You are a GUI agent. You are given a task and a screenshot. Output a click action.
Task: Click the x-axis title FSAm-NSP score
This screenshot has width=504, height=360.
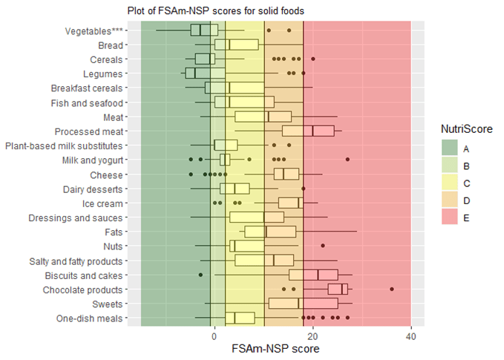click(x=275, y=348)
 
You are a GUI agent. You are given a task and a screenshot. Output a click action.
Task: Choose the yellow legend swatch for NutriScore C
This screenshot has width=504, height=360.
click(x=451, y=182)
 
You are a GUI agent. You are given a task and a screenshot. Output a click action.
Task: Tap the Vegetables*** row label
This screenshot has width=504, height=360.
click(x=94, y=30)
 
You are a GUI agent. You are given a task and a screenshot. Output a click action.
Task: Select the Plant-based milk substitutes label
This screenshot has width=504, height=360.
click(x=64, y=145)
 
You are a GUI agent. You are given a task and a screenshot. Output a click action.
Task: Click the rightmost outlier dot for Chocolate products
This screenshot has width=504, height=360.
click(x=392, y=288)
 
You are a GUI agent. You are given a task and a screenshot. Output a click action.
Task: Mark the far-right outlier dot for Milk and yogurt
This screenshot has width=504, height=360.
click(x=347, y=160)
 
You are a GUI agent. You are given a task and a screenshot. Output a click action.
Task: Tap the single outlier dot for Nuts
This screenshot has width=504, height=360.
click(x=322, y=246)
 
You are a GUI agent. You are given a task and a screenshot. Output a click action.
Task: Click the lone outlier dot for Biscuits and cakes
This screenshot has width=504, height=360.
click(x=200, y=275)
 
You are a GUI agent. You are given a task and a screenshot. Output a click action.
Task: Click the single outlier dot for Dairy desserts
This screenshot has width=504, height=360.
click(x=303, y=189)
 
